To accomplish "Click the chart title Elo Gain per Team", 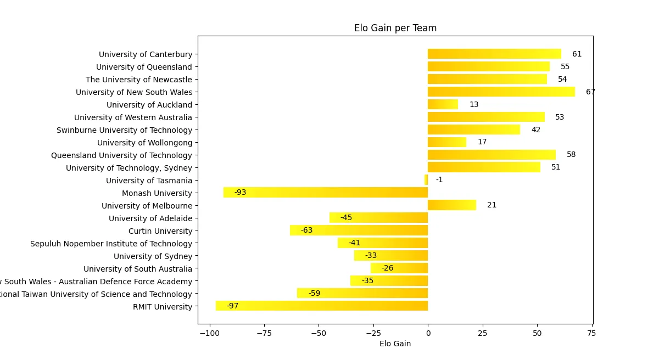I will tap(395, 28).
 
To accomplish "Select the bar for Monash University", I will tap(326, 193).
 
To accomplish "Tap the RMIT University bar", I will tap(322, 306).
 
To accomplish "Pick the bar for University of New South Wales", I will tap(501, 92).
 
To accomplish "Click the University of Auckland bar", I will tap(443, 104).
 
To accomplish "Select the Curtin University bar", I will tap(359, 230).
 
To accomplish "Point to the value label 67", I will tap(590, 92).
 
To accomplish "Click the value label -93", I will tap(240, 193).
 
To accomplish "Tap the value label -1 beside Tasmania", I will tap(439, 180).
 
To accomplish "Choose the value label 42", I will tap(535, 130).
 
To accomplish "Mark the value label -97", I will tap(232, 306).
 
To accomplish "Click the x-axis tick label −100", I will tap(209, 333).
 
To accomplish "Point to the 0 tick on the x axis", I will tap(428, 333).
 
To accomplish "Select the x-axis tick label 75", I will tap(591, 333).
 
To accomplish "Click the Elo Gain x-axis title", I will tap(395, 344).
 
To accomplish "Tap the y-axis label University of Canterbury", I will tap(146, 54).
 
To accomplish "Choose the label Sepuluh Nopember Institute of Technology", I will tap(111, 244).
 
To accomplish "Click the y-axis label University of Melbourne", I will tap(147, 206).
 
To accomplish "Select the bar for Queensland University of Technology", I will tap(492, 155).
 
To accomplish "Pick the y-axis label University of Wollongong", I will tap(145, 143).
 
